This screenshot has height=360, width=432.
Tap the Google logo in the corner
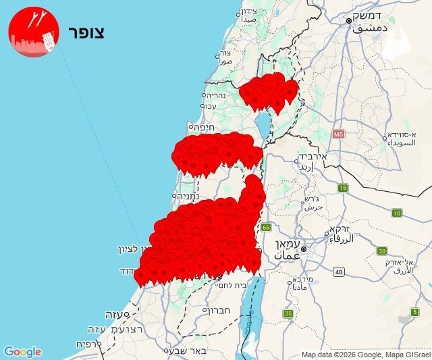[x=23, y=352]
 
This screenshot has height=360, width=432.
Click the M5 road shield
[x=338, y=134]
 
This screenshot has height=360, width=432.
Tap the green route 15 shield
[x=343, y=187]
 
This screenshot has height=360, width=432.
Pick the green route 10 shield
[x=396, y=213]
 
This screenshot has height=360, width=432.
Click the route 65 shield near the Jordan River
[x=266, y=227]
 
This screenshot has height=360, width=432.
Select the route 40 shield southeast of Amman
[x=338, y=272]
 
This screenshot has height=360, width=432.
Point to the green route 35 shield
[x=288, y=313]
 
